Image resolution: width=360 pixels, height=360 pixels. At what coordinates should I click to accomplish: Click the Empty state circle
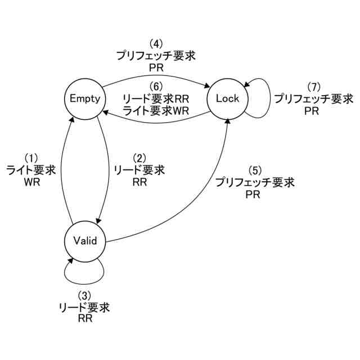point(85,98)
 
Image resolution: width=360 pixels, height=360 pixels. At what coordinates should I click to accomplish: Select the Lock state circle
point(227,98)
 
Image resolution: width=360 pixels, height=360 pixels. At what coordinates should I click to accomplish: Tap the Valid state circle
point(85,241)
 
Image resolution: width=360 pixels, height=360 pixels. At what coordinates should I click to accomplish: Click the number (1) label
point(31,158)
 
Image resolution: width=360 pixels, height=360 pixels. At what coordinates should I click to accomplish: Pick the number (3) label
point(84,296)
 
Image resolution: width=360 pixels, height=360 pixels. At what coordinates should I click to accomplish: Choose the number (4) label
point(156,43)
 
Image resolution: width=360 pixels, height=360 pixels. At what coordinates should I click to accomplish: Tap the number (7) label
point(313,87)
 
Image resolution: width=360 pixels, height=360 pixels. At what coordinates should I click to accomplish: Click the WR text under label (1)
point(31,183)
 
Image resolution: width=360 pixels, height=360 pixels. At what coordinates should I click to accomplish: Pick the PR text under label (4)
point(156,67)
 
